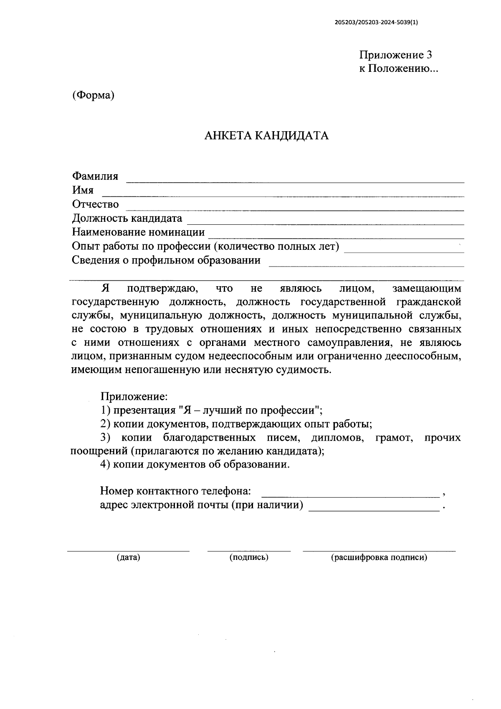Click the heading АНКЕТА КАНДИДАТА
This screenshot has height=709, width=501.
[266, 136]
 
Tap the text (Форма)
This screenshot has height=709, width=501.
[93, 95]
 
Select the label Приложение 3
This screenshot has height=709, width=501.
[395, 55]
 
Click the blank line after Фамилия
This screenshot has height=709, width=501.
[295, 181]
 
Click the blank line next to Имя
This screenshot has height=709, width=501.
[283, 195]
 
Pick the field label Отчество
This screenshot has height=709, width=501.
[95, 204]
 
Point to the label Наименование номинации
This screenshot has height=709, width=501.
[138, 232]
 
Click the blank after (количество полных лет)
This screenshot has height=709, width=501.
[403, 252]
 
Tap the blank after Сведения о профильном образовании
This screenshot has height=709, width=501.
[366, 265]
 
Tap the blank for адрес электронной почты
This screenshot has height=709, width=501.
[374, 510]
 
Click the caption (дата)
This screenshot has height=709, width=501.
[128, 557]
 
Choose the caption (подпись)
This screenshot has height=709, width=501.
[249, 557]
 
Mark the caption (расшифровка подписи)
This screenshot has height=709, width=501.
[379, 557]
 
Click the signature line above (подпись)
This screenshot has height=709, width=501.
[249, 551]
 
